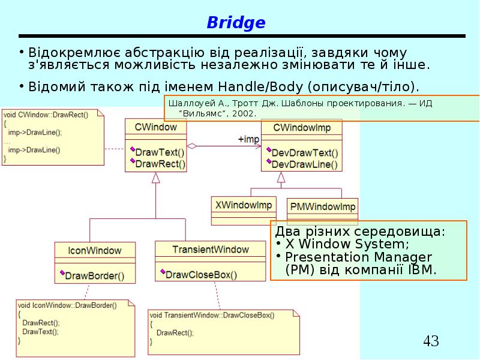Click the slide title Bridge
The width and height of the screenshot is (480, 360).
click(x=236, y=23)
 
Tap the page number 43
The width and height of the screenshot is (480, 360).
click(x=431, y=341)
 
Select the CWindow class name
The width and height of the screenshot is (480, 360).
click(x=155, y=127)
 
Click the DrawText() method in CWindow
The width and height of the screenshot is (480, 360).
click(x=159, y=152)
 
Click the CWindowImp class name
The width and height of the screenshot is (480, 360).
click(x=302, y=127)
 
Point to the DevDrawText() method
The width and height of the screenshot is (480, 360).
click(x=304, y=152)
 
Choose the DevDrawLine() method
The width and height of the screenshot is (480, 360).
click(x=304, y=163)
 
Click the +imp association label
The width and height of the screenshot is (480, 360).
click(x=248, y=139)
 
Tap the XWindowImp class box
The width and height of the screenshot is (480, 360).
click(x=244, y=205)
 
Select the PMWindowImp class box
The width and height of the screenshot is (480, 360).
click(x=322, y=207)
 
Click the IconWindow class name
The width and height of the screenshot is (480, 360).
click(x=95, y=251)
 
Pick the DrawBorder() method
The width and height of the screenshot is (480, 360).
click(x=94, y=276)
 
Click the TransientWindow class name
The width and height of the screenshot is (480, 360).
click(x=210, y=250)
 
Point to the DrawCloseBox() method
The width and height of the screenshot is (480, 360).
click(x=200, y=275)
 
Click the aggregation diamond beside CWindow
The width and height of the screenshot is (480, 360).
click(x=191, y=146)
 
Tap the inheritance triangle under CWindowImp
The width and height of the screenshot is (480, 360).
click(x=281, y=177)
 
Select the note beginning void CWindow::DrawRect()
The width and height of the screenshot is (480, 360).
click(x=52, y=136)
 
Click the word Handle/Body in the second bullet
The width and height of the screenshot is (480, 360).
click(x=261, y=86)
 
